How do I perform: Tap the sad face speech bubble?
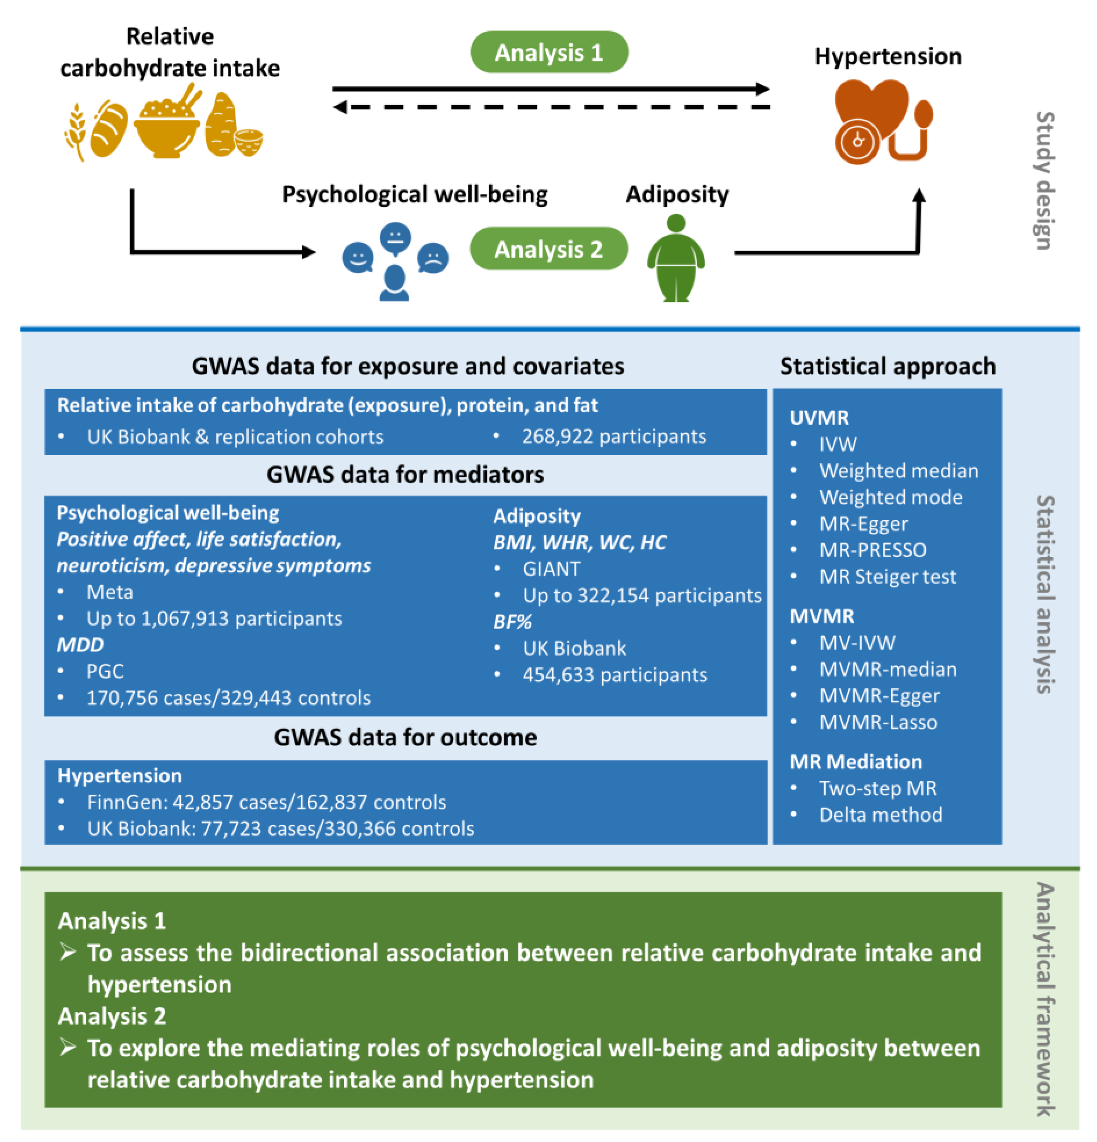433,257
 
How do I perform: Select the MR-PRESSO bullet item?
872,550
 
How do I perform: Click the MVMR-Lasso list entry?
878,722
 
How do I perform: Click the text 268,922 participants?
613,436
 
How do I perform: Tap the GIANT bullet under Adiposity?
551,568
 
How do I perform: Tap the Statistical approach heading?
887,366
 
